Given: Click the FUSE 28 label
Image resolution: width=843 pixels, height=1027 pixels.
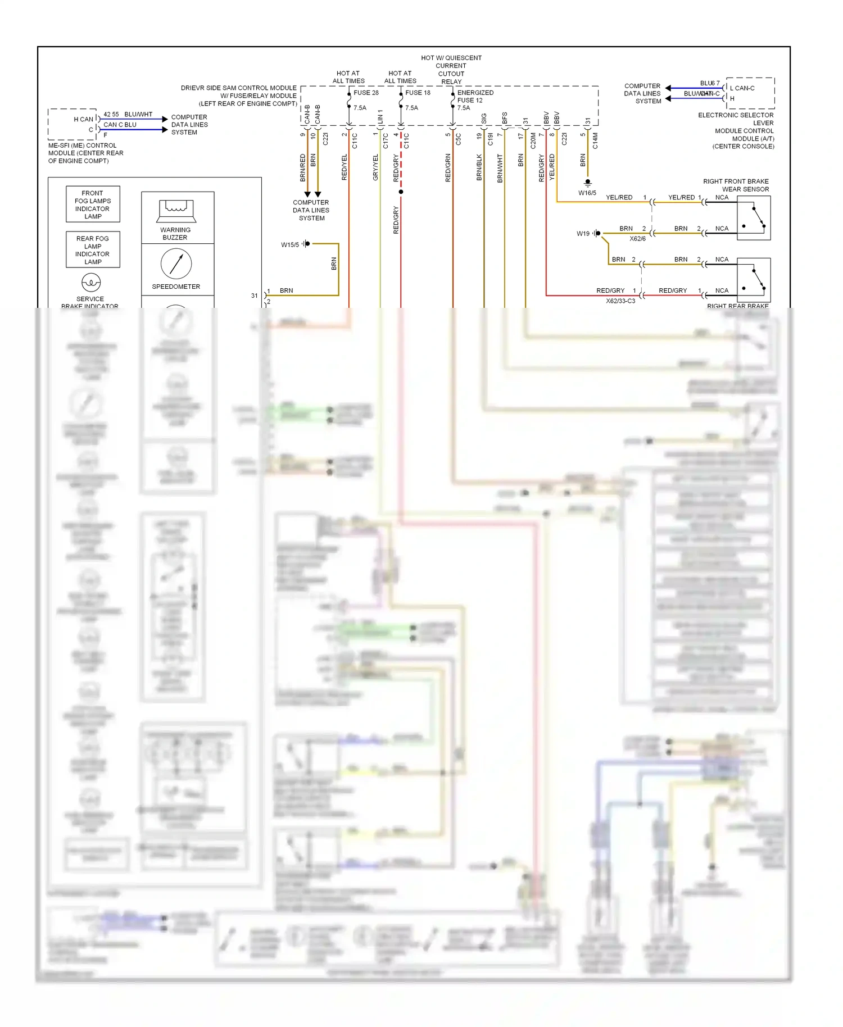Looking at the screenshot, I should [366, 93].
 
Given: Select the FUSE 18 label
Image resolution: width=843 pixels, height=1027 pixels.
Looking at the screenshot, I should [418, 93].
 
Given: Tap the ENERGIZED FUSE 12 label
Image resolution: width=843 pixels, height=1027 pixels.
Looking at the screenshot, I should [475, 97].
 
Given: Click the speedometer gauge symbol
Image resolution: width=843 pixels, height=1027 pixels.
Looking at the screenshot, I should [176, 263].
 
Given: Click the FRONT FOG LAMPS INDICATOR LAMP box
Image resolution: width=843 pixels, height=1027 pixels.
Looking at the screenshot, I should [93, 205].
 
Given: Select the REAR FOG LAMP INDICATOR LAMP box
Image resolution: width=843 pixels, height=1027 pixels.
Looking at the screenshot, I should [93, 250].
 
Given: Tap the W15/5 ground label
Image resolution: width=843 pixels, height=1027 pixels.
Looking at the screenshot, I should [290, 245].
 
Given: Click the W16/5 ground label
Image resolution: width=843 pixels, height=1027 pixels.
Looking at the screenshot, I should [587, 193].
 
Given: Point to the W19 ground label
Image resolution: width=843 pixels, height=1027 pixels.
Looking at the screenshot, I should [583, 234].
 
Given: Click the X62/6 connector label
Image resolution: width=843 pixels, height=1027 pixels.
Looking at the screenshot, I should [637, 239].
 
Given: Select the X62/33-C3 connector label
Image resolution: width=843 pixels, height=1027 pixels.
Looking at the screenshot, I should [620, 301].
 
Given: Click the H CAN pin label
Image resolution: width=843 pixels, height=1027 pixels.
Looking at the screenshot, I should [83, 119].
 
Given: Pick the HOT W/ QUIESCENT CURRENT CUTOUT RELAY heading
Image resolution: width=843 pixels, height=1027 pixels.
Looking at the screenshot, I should [451, 70].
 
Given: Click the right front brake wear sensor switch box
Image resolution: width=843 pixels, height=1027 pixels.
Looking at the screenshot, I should [753, 218].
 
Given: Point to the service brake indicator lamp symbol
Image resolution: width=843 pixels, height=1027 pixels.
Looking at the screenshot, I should [91, 282].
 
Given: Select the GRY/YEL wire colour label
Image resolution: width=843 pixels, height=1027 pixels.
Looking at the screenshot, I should [375, 167].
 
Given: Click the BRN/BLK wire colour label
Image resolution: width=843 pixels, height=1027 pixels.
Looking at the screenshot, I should [479, 167].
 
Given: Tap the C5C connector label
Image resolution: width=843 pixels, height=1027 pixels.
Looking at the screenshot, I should [459, 139].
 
